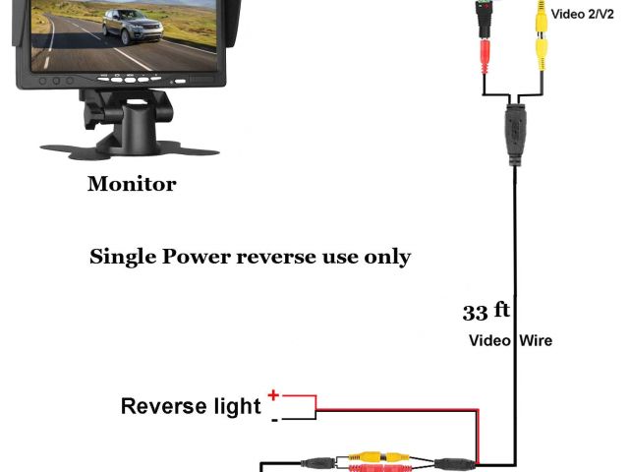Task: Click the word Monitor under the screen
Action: pos(132,184)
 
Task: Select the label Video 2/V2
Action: pos(583,14)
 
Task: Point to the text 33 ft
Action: pos(486,312)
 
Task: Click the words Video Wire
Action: pos(509,340)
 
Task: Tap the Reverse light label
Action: pos(191,406)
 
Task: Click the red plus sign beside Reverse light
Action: pos(273,395)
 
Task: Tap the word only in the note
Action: pos(384,258)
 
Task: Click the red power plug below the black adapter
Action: pos(485,54)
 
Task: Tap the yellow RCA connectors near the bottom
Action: pos(380,457)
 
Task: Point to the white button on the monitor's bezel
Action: pos(178,80)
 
